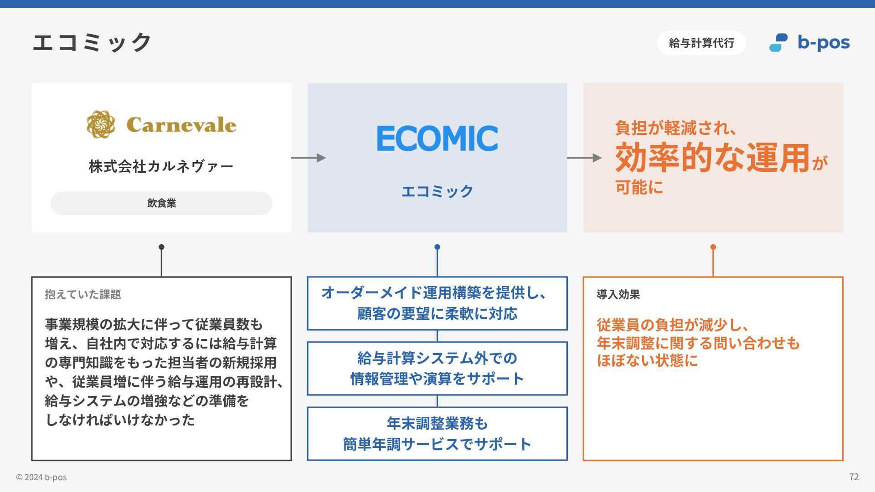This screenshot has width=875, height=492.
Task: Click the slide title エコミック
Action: tap(92, 42)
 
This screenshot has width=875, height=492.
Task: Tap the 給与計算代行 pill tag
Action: tap(701, 43)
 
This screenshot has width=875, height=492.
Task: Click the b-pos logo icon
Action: tap(778, 43)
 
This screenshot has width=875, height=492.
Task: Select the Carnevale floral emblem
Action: tap(101, 124)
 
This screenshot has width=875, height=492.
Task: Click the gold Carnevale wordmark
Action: tap(181, 125)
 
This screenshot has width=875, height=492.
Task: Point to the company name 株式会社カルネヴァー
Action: tap(161, 166)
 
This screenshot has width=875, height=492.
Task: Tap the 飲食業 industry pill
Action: tap(161, 203)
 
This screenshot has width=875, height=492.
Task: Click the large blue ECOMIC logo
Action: tap(437, 138)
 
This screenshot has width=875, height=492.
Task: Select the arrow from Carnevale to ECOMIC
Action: tap(309, 158)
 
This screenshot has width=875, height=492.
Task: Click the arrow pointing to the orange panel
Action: tap(584, 158)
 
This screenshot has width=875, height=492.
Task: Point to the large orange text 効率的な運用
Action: tap(712, 158)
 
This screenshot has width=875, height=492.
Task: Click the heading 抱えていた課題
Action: tap(83, 294)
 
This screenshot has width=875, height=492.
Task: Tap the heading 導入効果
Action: tap(618, 294)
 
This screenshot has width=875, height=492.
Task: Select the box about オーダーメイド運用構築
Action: tap(437, 303)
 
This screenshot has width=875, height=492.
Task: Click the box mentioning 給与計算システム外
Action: tap(437, 368)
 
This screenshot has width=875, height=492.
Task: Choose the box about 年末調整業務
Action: tap(437, 434)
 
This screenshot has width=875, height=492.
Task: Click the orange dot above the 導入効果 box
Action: tap(713, 247)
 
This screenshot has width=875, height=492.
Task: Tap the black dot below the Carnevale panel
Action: tap(161, 247)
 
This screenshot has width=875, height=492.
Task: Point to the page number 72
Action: tap(854, 477)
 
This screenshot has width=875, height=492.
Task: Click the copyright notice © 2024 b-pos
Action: tap(41, 477)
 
